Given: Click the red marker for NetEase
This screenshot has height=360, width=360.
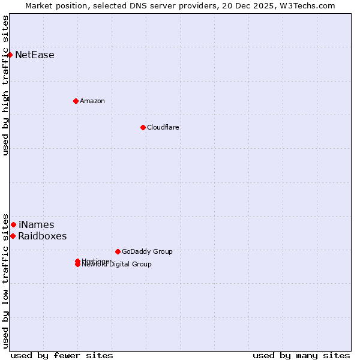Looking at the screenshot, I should coord(10,55).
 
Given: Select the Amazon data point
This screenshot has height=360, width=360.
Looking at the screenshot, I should coord(76,101).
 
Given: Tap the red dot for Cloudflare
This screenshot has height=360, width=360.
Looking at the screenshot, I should coord(143,127).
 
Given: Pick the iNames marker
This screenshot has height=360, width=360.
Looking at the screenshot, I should coord(13,224).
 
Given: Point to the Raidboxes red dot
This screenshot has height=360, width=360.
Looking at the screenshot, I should coord(13,236).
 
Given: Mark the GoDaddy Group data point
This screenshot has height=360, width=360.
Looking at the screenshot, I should coord(118,251).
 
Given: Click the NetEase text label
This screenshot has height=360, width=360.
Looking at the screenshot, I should coord(35,55).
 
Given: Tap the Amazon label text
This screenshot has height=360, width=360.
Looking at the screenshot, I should coord(92,101).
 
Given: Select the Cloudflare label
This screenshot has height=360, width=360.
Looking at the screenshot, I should coord(163,127).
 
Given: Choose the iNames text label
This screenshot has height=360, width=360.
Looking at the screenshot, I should coord(36,225).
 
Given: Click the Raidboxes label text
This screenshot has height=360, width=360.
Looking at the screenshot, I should coord(43,236).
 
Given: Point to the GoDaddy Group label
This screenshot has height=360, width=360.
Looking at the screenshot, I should coord(147,251).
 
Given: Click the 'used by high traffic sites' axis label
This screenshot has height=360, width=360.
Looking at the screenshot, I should coord(5,85).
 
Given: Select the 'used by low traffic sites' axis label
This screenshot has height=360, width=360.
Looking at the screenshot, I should coord(5,281).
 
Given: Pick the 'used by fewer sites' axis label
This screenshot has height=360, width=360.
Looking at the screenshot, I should coord(62,355).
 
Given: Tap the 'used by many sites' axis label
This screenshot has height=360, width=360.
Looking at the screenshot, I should coord(301,355).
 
